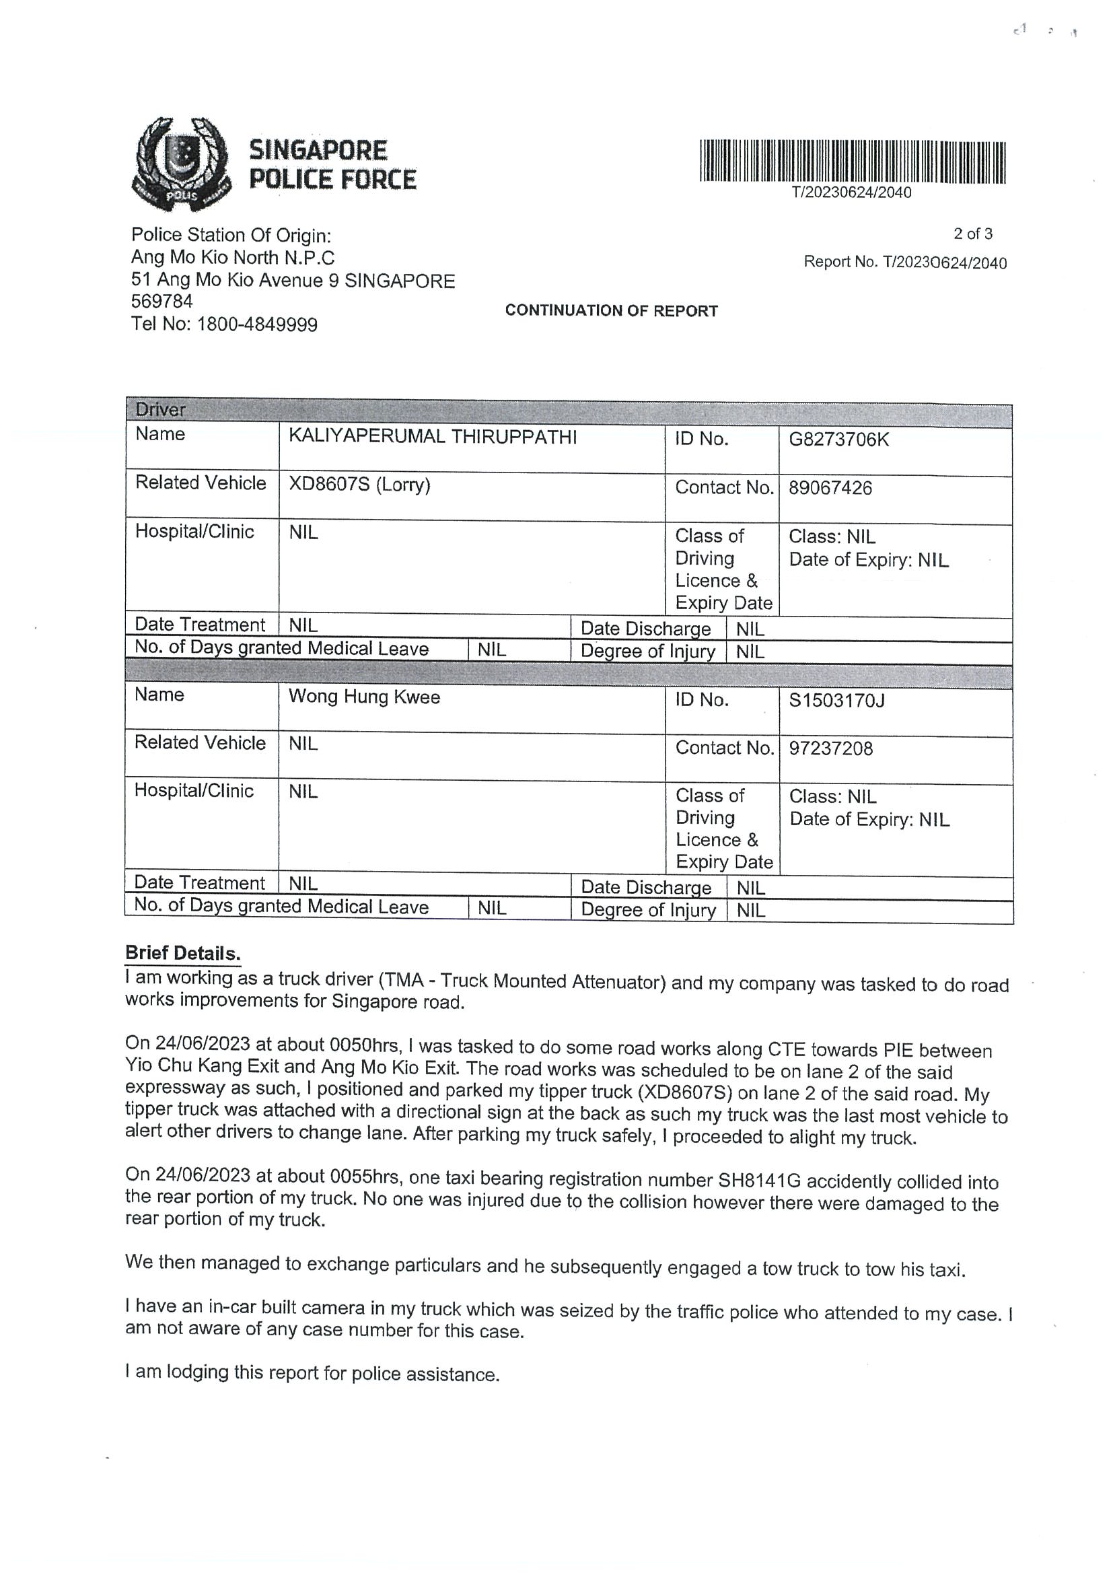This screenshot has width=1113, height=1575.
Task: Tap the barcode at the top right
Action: [853, 162]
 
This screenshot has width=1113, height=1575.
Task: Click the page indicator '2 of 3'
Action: [972, 234]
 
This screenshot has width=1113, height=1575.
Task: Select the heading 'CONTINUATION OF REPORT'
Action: [611, 311]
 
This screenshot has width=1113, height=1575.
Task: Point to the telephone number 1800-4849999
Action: [257, 324]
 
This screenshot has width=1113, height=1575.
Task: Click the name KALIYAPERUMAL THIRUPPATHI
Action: [432, 437]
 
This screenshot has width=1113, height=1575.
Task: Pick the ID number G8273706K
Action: [838, 440]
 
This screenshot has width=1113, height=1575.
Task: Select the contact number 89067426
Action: [830, 489]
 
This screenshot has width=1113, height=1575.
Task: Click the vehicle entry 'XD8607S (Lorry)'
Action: [359, 485]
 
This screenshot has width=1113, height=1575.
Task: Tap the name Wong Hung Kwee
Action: [364, 697]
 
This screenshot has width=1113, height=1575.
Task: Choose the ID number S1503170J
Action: [836, 701]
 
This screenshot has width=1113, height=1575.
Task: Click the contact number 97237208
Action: [830, 748]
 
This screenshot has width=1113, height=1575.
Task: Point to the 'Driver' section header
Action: [160, 409]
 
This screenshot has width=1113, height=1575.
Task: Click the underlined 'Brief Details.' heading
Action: [182, 953]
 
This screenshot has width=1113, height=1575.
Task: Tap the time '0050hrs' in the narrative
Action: [364, 1045]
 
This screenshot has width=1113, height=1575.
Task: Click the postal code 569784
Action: [162, 302]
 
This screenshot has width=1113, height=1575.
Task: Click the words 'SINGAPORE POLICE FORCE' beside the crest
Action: [332, 165]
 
